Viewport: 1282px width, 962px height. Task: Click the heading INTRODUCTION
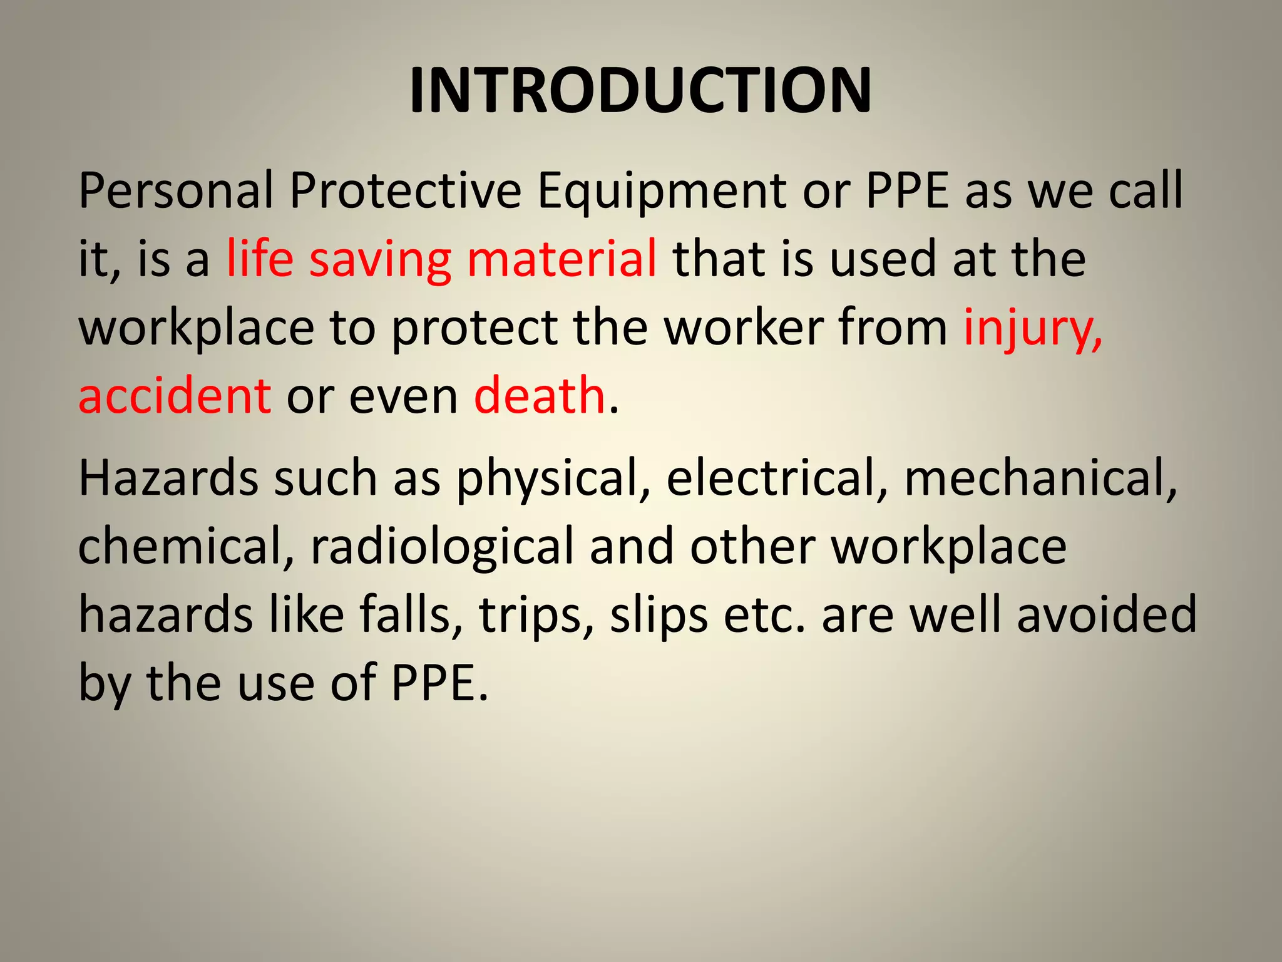point(640,91)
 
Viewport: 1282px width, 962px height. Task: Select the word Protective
point(406,190)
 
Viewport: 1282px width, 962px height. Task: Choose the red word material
point(562,258)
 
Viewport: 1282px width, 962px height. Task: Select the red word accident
point(175,396)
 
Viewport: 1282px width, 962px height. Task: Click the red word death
point(539,396)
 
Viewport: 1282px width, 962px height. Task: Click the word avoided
point(1107,614)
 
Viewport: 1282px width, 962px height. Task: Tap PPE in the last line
point(438,683)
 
